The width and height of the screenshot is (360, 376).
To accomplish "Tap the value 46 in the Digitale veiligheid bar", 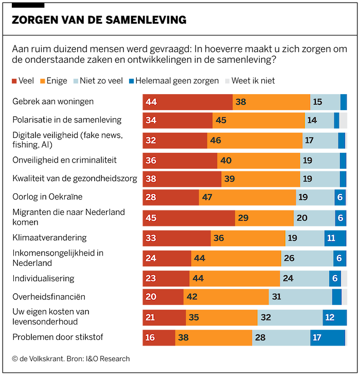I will (215, 140).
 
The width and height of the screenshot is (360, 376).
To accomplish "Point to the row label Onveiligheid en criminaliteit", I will (65, 160).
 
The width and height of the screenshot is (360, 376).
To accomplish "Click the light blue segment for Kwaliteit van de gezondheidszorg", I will (319, 179).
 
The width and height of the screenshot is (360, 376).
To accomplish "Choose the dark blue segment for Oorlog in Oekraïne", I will (340, 198).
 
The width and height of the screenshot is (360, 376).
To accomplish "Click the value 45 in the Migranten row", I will (151, 218).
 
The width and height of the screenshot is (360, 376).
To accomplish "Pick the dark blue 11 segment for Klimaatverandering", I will (334, 238).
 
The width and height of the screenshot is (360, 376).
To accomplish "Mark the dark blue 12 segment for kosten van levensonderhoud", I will (334, 318).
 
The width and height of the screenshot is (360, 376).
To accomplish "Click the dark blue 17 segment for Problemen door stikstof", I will (327, 338).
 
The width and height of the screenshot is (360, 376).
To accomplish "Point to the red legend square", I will (14, 81).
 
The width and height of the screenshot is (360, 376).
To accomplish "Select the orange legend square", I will (43, 81).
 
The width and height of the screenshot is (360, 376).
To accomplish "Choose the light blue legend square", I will (76, 81).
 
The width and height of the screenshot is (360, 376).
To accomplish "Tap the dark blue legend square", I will (131, 81).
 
